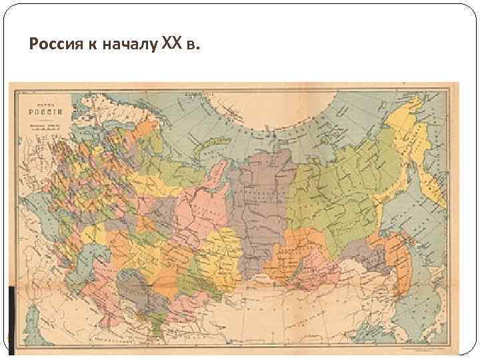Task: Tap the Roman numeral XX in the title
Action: (172, 44)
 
